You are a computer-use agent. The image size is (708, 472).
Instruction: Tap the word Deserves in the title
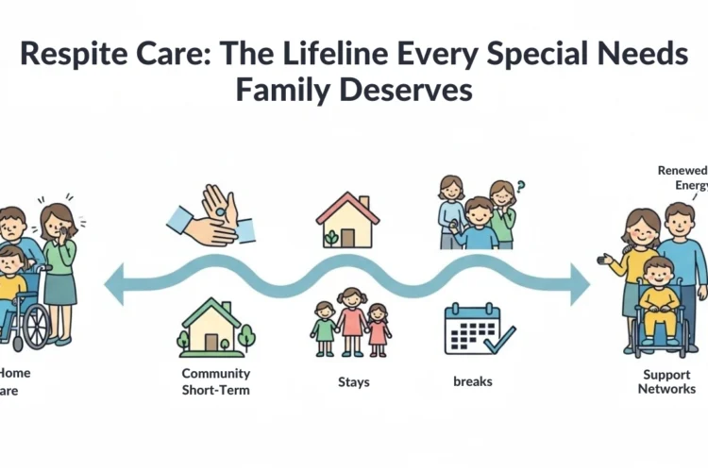(x=417, y=92)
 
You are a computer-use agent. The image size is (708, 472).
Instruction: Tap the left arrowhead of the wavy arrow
(x=115, y=284)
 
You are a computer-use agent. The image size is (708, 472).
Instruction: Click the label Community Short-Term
(x=216, y=381)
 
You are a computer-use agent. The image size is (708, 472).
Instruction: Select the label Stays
(x=353, y=382)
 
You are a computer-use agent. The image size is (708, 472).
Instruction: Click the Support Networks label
(x=667, y=381)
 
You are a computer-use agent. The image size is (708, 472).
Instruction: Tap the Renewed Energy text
(x=682, y=177)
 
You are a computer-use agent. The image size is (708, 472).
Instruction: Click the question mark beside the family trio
(x=520, y=187)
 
